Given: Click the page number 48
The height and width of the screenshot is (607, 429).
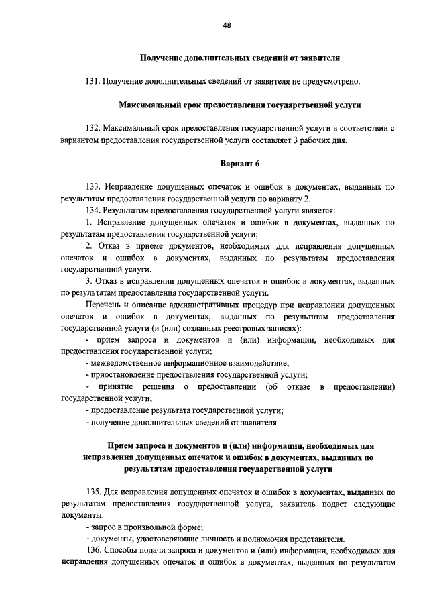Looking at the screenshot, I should point(227,25).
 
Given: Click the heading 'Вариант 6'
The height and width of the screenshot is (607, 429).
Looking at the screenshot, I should point(239,164).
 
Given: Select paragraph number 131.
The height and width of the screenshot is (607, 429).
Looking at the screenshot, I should point(93,82).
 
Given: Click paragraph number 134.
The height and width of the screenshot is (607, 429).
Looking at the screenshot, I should point(93,211).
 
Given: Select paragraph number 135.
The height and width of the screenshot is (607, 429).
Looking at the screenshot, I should point(93,492).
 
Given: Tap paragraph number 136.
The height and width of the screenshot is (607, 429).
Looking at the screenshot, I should point(93,551).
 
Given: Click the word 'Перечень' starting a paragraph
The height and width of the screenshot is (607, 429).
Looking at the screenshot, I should point(103,305).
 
